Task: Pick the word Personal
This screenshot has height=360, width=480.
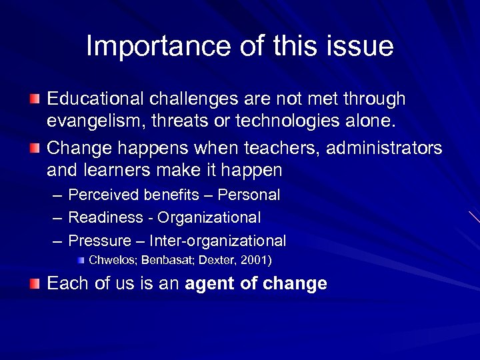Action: click(x=249, y=195)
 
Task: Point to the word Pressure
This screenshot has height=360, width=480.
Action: click(x=98, y=241)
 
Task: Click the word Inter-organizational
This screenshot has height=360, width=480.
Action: click(x=217, y=241)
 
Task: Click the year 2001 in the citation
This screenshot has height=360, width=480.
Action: click(x=255, y=259)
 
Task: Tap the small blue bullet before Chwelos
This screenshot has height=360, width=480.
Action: click(x=80, y=259)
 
